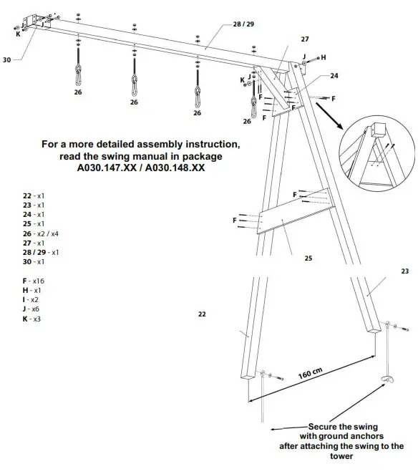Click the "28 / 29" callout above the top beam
243,24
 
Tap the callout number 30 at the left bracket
7,60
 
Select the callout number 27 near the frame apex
305,39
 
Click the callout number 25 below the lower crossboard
308,258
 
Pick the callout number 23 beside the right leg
404,271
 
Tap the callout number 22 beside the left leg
203,314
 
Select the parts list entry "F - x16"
34,281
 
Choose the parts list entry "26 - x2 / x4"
41,233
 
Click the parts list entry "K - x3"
31,319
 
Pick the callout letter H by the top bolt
323,57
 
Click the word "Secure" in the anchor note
324,426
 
